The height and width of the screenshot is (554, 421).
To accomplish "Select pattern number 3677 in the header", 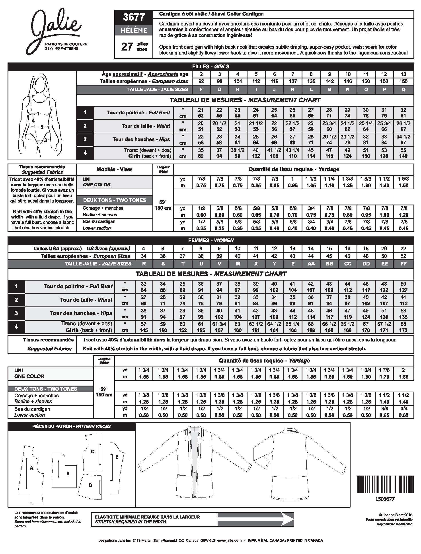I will (x=134, y=17).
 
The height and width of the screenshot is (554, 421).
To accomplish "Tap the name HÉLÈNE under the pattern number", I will (x=134, y=30).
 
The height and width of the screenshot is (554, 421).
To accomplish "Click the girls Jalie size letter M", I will (x=329, y=90).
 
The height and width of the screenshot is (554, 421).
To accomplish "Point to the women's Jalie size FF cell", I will (x=403, y=264).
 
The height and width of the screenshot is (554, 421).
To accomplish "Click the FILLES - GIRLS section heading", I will (x=210, y=66).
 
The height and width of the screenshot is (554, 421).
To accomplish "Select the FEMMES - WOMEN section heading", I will (x=210, y=240).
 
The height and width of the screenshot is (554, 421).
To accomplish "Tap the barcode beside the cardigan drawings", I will (x=384, y=484).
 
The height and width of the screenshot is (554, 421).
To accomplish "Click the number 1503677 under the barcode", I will (x=385, y=499).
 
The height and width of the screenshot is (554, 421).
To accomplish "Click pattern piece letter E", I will (x=117, y=457).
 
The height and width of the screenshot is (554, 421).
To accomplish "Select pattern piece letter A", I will (x=31, y=468).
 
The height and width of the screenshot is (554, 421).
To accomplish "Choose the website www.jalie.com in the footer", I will (x=229, y=540).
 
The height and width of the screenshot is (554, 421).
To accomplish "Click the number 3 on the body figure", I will (x=45, y=140).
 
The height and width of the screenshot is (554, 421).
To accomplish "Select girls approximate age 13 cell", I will (x=403, y=74).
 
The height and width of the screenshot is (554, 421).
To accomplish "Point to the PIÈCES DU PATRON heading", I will (x=71, y=426).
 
